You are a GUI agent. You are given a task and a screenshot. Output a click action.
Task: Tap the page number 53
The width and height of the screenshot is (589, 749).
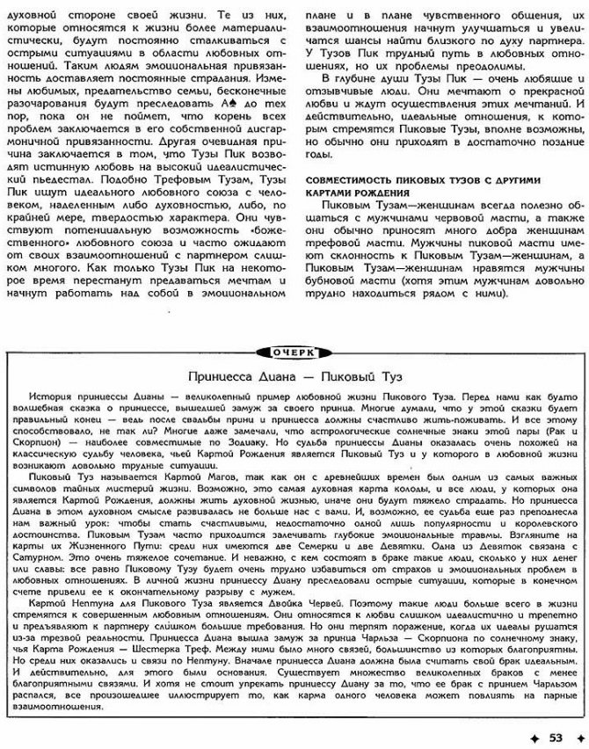click(x=555, y=737)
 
